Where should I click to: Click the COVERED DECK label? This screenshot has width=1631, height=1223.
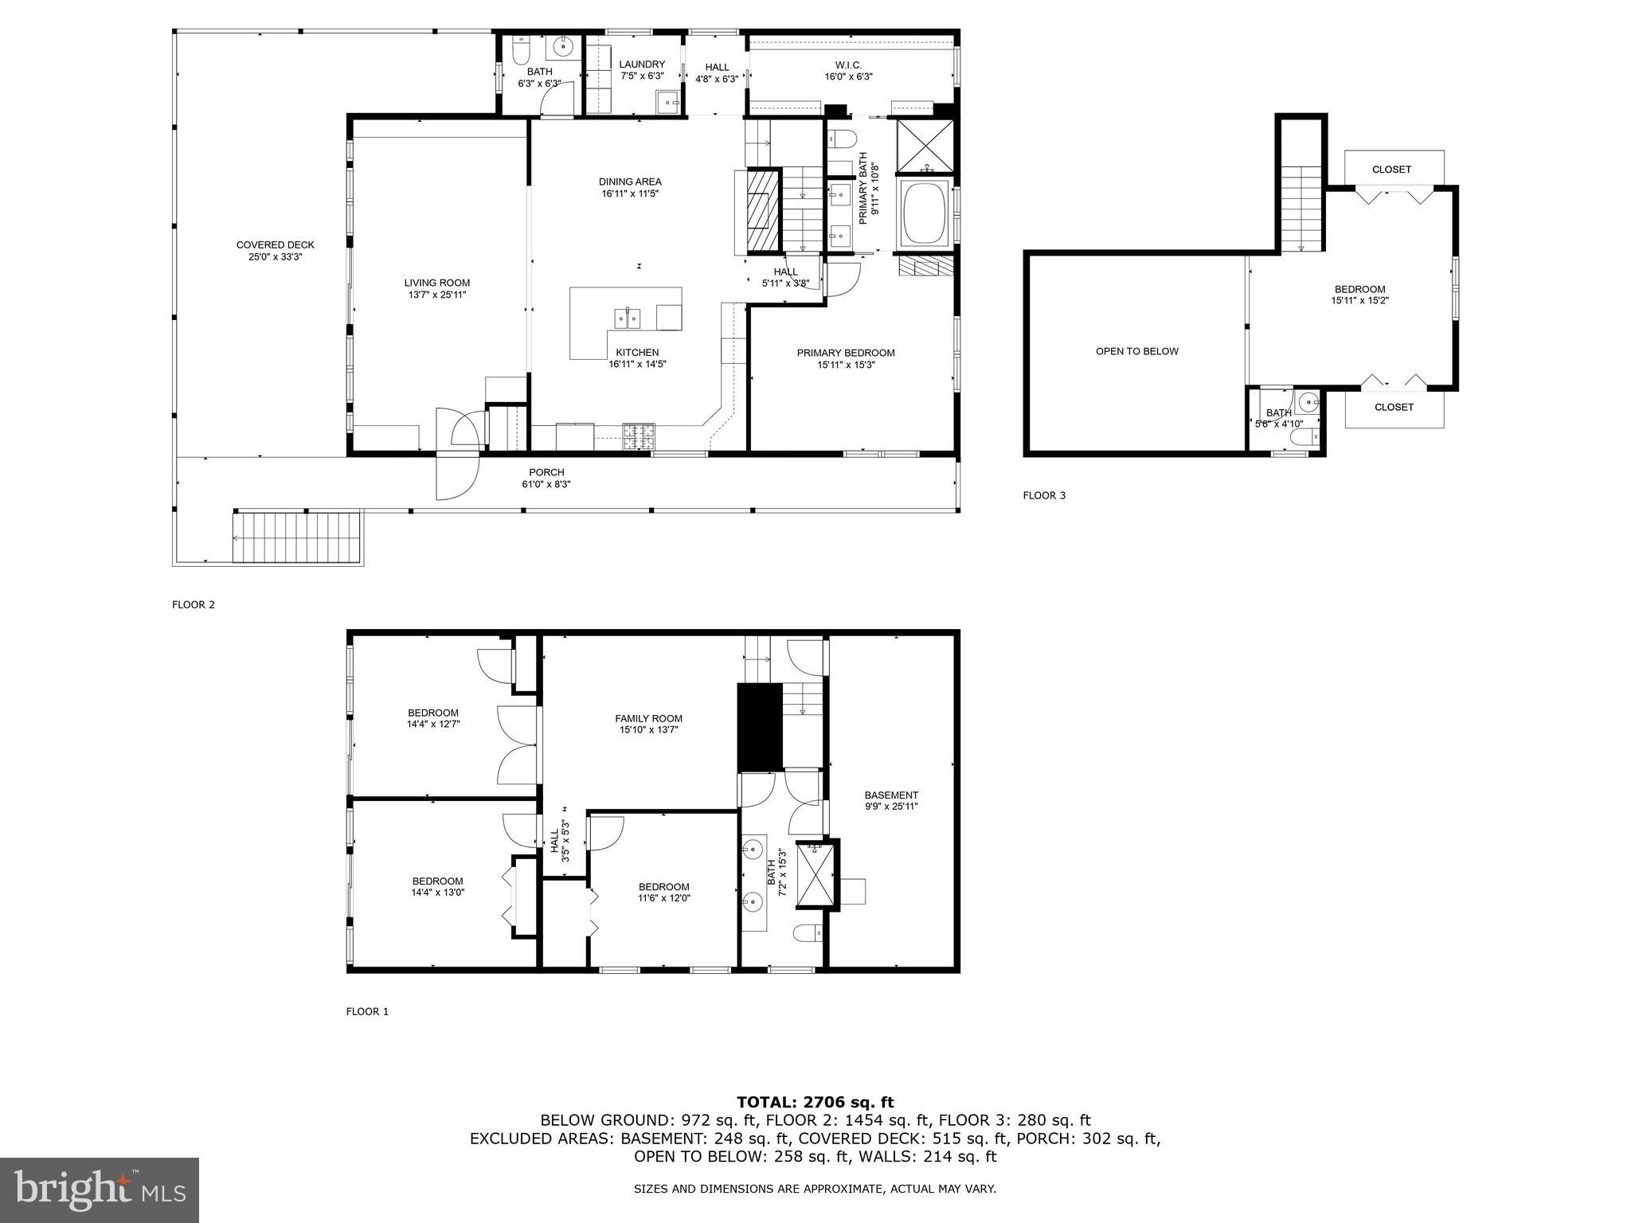tap(275, 251)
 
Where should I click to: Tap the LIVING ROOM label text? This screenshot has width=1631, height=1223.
tap(436, 288)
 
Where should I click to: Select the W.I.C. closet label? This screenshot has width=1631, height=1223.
tap(848, 71)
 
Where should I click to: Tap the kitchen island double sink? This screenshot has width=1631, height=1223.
tap(627, 318)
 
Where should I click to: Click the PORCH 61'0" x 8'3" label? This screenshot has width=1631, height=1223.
tap(546, 478)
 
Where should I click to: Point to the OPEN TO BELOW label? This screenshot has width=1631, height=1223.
tap(1136, 351)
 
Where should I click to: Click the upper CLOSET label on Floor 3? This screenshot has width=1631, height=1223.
tap(1391, 170)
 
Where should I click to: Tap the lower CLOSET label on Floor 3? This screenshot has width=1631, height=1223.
tap(1393, 407)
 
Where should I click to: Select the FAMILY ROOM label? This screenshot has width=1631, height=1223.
tap(648, 724)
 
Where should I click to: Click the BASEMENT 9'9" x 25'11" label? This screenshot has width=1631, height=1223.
tap(891, 800)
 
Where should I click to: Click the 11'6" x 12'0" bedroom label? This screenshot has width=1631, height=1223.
tap(663, 892)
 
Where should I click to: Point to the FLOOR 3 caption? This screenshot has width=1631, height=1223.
tap(1043, 495)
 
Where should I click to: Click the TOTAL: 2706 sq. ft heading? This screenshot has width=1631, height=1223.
tap(815, 1102)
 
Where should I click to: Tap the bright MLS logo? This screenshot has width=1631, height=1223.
tap(100, 1190)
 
